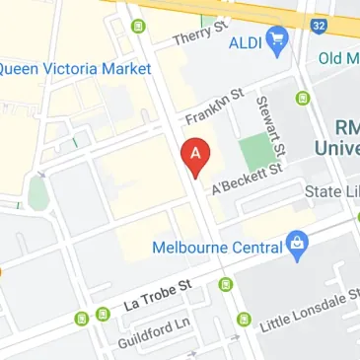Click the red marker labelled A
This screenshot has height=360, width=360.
point(195,155)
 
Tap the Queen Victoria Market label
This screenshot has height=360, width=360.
point(75,69)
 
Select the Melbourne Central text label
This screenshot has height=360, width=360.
point(216,246)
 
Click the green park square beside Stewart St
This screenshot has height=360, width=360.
point(255,151)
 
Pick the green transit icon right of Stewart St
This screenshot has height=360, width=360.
point(303,98)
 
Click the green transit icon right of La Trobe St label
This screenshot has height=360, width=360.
point(226,285)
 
